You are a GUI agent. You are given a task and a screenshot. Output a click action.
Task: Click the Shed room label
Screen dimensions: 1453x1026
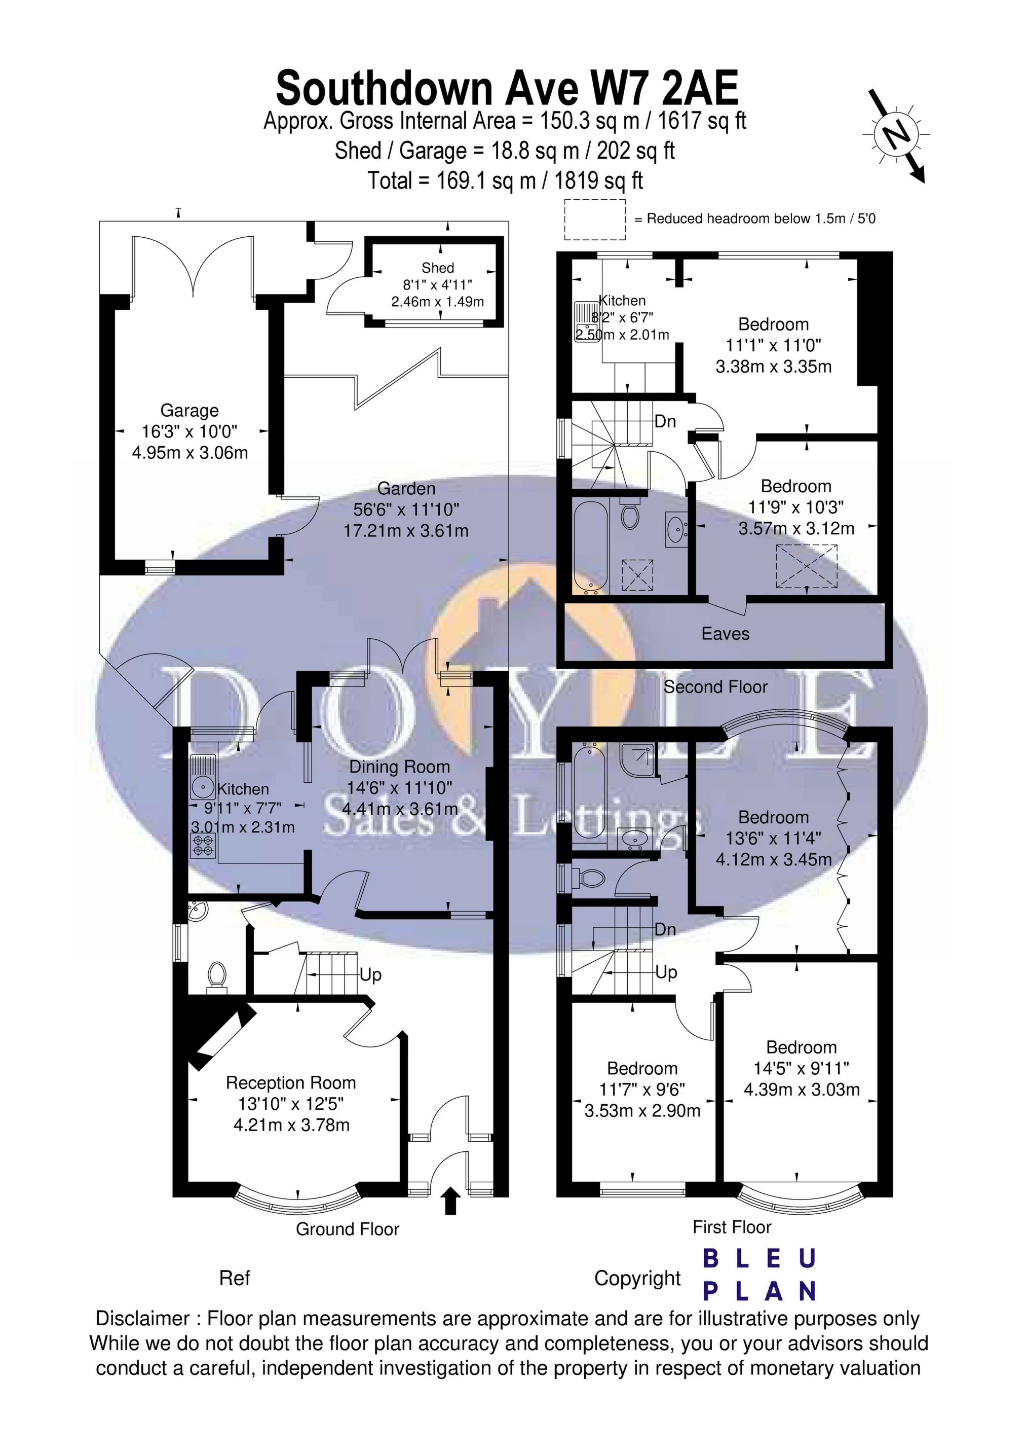click(x=438, y=268)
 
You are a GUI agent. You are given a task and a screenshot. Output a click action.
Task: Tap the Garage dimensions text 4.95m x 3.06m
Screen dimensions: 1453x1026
click(x=190, y=453)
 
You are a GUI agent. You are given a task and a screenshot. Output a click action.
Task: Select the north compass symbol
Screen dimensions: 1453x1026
click(x=894, y=135)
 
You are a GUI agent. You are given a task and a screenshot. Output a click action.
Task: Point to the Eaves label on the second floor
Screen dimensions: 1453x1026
click(x=725, y=634)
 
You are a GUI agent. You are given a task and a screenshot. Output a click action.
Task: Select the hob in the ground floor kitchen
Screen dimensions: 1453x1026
click(x=204, y=845)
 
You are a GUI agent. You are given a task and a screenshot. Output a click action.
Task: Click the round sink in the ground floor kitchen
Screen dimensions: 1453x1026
click(x=203, y=788)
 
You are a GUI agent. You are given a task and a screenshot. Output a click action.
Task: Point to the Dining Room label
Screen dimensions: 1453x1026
click(x=399, y=767)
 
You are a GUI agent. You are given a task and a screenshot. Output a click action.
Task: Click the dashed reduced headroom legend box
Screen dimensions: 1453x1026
click(x=595, y=219)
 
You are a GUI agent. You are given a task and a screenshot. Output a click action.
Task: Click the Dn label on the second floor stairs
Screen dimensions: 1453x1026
click(x=665, y=421)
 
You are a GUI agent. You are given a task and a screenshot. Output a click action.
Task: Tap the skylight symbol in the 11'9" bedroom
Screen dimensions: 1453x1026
click(x=807, y=565)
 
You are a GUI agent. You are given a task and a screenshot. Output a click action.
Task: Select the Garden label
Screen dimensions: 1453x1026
click(x=406, y=489)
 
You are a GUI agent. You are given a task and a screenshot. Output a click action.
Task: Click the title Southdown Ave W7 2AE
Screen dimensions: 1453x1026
click(x=507, y=89)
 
